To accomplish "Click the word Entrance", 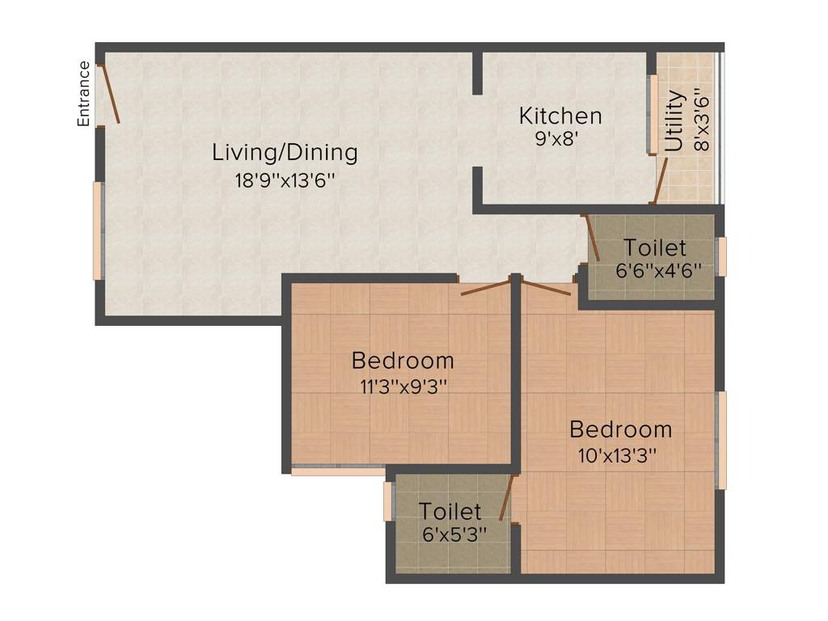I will click(83, 94).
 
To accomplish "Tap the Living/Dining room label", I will click(285, 152).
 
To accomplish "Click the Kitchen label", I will click(560, 116).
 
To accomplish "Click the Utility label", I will click(676, 122).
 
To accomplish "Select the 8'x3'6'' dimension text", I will click(701, 122).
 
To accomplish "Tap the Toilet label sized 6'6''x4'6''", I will click(654, 247).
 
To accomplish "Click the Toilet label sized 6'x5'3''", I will click(450, 512).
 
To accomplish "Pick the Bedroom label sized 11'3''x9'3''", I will click(403, 360).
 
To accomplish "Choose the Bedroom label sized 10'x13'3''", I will click(620, 429).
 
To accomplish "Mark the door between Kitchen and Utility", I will click(661, 180).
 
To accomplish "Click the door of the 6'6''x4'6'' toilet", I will click(591, 237).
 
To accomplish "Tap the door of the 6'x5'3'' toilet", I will click(507, 497).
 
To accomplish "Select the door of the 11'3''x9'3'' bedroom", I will click(486, 286).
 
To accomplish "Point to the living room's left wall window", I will click(98, 230).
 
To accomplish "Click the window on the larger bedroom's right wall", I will click(721, 440).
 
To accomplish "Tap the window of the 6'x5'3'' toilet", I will click(388, 501).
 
